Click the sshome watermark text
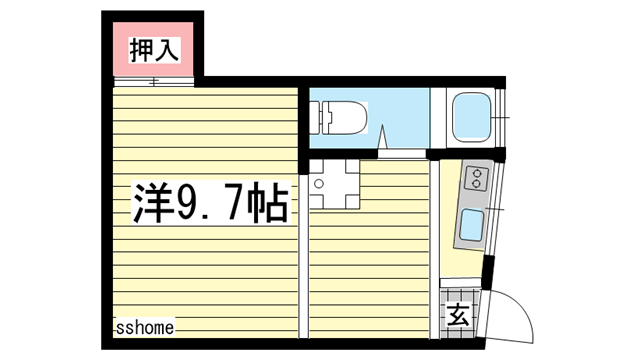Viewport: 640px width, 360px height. click(144, 327)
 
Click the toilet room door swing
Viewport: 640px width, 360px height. click(385, 142)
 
